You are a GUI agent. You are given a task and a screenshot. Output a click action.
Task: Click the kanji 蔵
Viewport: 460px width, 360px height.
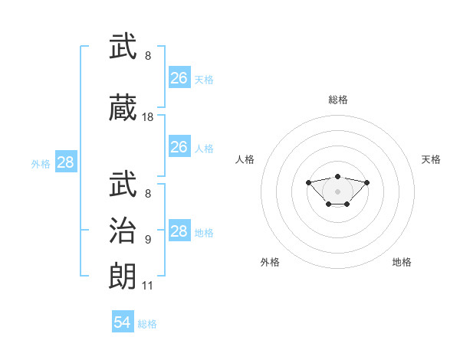point(123,107)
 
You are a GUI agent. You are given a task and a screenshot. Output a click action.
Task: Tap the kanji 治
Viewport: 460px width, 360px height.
point(123,230)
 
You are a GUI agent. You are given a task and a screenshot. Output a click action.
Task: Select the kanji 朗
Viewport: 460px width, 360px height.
point(123,276)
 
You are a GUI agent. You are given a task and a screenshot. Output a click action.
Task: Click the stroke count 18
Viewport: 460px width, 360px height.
point(147,117)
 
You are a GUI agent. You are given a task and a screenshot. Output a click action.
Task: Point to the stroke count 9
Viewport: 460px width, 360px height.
point(148,240)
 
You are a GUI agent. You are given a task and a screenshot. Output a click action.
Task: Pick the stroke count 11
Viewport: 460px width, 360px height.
point(147,286)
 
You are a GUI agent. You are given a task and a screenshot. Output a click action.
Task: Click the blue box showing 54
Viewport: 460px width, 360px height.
point(123,321)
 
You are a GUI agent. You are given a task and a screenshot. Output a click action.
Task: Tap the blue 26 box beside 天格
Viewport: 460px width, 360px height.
point(180,77)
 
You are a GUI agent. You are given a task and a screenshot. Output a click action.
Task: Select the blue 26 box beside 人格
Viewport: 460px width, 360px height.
point(180,146)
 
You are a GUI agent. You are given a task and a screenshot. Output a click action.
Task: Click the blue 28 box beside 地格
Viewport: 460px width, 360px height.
point(180,230)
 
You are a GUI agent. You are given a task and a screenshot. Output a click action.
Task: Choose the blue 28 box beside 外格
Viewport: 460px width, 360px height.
point(66,162)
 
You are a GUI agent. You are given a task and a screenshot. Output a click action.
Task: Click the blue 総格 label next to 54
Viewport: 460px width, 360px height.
point(147,324)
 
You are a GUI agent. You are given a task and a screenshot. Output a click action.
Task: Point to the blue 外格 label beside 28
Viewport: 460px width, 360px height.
point(41,164)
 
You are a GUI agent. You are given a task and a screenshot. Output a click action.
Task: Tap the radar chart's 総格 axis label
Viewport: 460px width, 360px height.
point(338,100)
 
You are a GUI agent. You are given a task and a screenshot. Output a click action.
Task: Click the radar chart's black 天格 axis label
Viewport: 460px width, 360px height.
point(431,159)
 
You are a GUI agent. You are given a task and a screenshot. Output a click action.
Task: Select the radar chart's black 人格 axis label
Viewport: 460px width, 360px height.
point(245,159)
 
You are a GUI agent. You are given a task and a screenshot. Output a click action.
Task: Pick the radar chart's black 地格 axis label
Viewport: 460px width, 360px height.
point(402,262)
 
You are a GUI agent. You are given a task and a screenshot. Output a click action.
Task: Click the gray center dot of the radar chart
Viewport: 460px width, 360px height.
point(337,191)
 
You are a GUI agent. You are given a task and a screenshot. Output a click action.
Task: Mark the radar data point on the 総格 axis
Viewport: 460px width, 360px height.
point(337,176)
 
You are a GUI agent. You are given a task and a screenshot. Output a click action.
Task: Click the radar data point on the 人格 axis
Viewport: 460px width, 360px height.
point(308,182)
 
